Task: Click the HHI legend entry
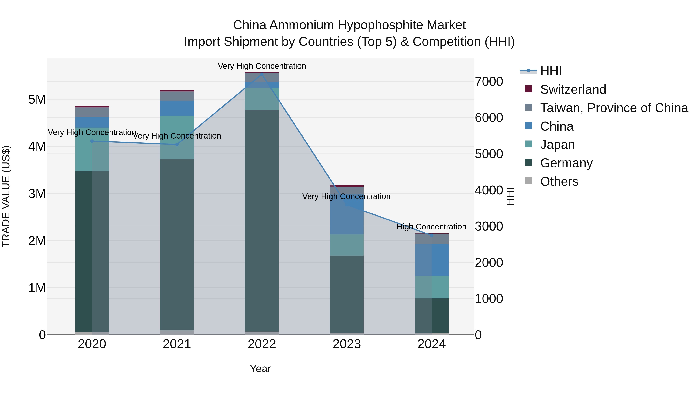click(551, 71)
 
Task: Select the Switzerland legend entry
click(573, 89)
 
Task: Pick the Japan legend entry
click(557, 145)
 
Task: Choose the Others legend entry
click(559, 181)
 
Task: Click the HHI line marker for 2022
click(262, 74)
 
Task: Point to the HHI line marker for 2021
click(177, 145)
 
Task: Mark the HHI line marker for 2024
click(431, 235)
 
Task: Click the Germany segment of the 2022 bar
click(262, 220)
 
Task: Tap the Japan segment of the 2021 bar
click(177, 138)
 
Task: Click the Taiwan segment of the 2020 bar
click(92, 112)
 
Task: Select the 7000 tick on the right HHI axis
click(489, 82)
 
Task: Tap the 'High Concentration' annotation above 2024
click(431, 227)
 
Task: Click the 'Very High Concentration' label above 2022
click(262, 66)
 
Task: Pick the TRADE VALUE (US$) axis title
click(6, 196)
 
